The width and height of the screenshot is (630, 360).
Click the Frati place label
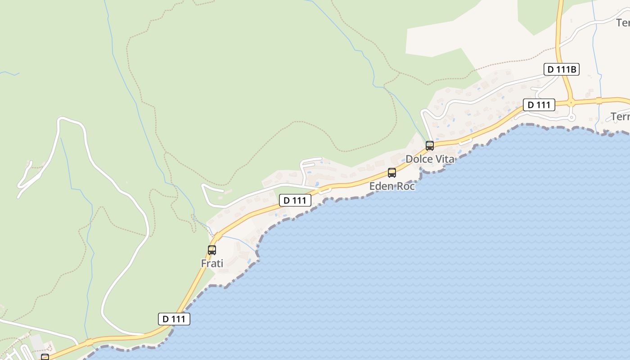pos(212,263)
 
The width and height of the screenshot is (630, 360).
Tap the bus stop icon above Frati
pos(212,250)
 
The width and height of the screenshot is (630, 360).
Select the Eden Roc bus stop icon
pos(392,173)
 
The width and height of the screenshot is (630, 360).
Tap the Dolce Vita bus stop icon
pos(430,146)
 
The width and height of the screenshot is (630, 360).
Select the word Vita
pos(445,159)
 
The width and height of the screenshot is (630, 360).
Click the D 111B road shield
pos(562,69)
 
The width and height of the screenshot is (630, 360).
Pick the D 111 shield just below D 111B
pos(539,105)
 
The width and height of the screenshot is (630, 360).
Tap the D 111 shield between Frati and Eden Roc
pos(295,200)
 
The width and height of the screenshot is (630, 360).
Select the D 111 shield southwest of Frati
pos(174,319)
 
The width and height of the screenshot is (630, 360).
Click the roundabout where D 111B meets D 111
pos(571,102)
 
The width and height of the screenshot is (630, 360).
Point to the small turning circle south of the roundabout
pos(571,118)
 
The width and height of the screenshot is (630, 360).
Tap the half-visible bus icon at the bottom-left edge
pos(45,357)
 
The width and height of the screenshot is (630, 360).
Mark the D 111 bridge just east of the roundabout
pos(599,100)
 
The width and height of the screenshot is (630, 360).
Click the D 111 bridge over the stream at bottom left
pos(90,342)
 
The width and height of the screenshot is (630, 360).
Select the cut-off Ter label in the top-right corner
pos(623,22)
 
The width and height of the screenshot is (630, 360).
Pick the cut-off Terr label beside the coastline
pos(621,117)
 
